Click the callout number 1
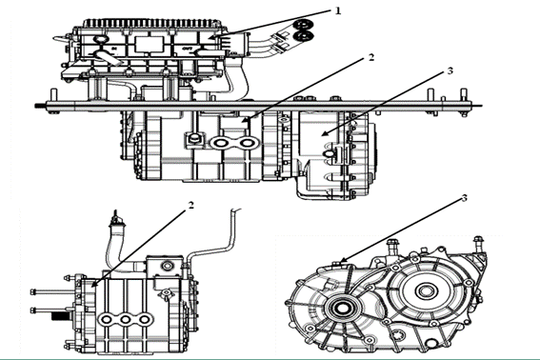tap(338, 10)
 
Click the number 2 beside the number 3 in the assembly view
tap(370, 57)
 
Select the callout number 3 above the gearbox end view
tap(464, 198)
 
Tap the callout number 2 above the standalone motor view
tap(190, 205)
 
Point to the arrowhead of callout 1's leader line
tap(211, 36)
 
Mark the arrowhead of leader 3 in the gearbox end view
tap(342, 261)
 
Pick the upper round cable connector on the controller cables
tap(303, 25)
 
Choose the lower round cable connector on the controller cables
tap(304, 36)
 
